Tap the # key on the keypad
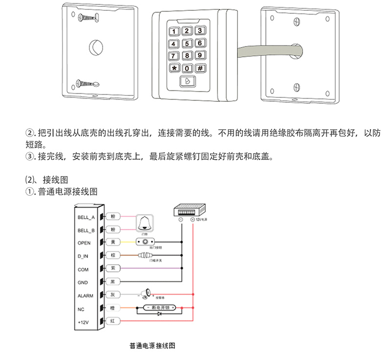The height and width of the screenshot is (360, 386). (200, 67)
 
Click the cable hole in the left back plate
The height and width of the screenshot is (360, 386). (95, 48)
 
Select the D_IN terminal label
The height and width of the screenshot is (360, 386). (83, 256)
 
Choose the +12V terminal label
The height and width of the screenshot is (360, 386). (84, 322)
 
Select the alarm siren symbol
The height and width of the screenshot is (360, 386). (146, 294)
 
